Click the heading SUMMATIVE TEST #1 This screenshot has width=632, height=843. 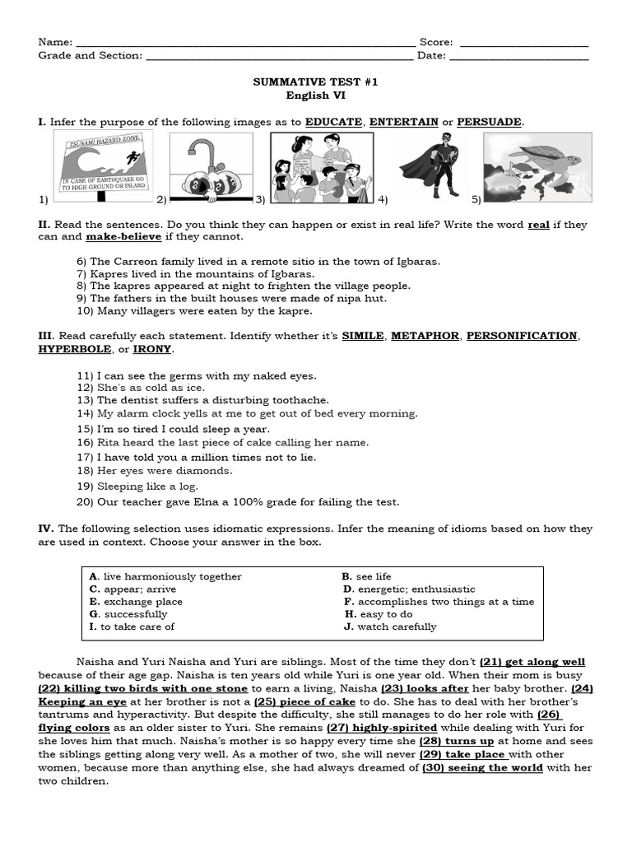pos(315,83)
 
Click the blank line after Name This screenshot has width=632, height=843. pos(244,43)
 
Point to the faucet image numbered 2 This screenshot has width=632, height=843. pos(211,168)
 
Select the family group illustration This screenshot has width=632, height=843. pos(322,168)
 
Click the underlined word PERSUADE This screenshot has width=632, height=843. pos(489,122)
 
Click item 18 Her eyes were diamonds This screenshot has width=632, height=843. pos(155,471)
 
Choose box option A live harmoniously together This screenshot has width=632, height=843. pos(165,577)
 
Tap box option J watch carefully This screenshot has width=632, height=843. pos(391,626)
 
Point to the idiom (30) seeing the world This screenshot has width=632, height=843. pos(482,767)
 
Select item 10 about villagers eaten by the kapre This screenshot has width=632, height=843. pos(194,311)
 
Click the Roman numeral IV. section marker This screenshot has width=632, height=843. pos(45,529)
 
